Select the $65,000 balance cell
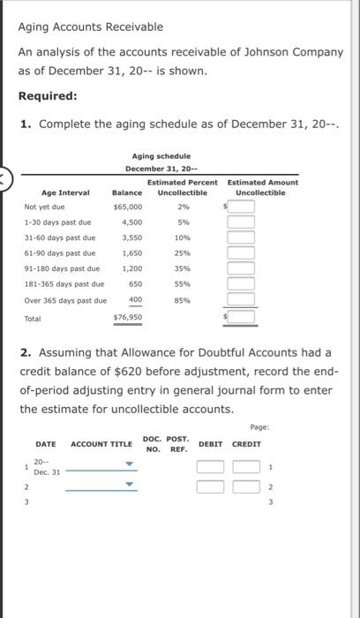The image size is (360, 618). [128, 207]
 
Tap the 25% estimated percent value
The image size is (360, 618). [183, 253]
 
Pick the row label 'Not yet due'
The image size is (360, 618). [44, 207]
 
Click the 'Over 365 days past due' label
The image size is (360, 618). [65, 300]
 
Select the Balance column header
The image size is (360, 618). [128, 192]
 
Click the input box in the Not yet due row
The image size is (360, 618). [243, 207]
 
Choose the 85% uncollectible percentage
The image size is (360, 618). [183, 300]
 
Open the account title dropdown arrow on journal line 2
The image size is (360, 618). [130, 484]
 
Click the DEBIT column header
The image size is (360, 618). [210, 443]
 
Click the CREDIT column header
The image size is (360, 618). [246, 443]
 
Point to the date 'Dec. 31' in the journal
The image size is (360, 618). [47, 471]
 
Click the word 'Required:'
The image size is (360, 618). [48, 95]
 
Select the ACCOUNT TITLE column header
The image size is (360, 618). [101, 443]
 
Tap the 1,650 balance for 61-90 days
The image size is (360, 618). [131, 253]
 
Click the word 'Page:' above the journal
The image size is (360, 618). [259, 426]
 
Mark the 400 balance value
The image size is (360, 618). [135, 300]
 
